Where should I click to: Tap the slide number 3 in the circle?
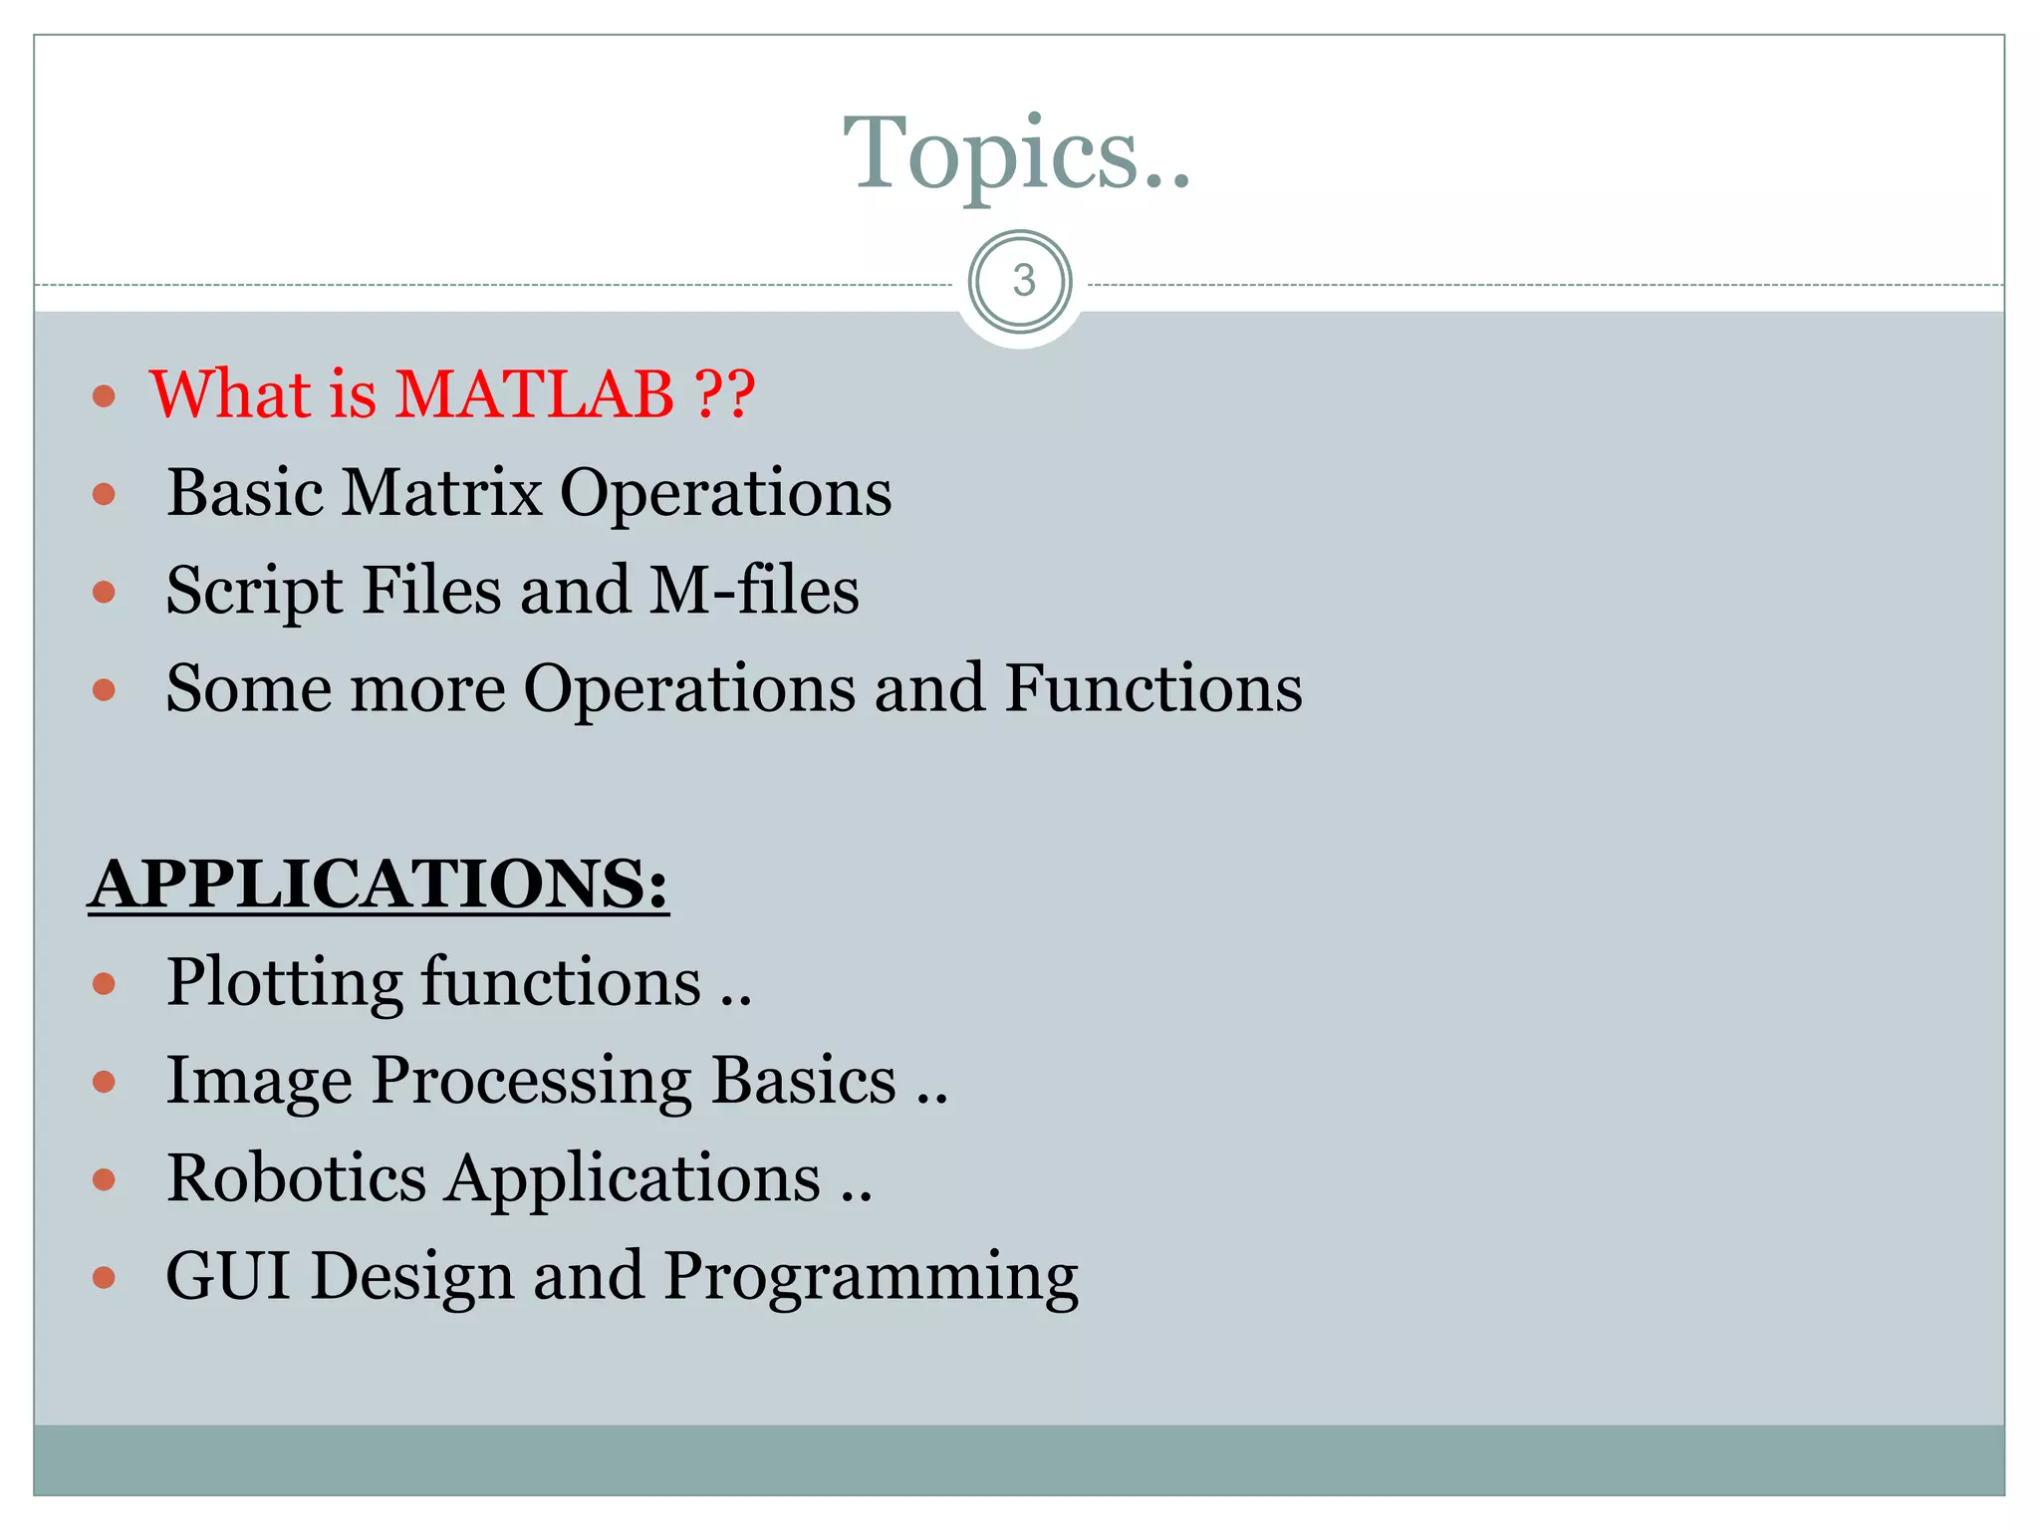click(1022, 281)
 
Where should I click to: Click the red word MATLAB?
click(535, 393)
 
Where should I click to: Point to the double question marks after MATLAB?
click(724, 393)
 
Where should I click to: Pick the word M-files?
click(754, 590)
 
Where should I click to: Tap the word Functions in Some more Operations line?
click(1152, 688)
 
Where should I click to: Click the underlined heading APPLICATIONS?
click(379, 884)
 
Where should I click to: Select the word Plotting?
click(284, 984)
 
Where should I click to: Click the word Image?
click(259, 1082)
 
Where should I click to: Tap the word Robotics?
click(296, 1178)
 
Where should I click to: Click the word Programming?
click(871, 1278)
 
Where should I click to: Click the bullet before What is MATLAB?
click(104, 396)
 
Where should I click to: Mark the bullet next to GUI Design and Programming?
click(104, 1277)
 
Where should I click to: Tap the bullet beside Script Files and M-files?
click(104, 593)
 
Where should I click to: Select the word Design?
click(412, 1278)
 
